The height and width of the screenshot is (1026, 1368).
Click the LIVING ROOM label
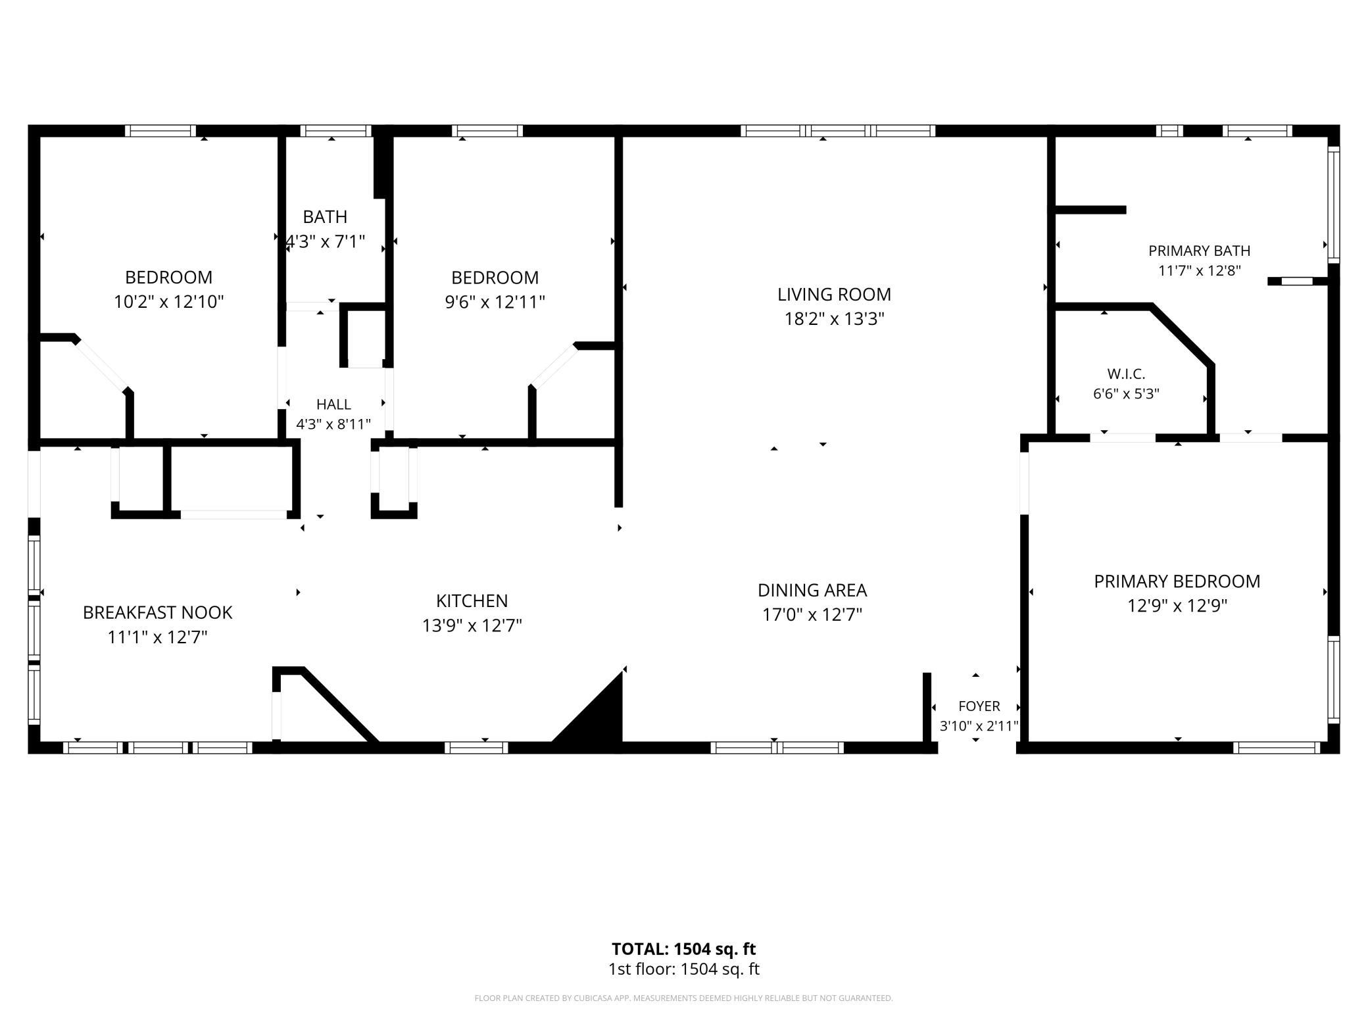(834, 294)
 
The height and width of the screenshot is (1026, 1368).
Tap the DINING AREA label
(812, 590)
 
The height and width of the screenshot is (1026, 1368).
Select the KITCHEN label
(472, 600)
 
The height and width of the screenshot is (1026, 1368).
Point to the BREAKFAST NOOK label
(157, 612)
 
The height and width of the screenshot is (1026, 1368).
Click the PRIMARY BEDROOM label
(1177, 581)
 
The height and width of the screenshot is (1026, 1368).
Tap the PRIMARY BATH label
(1200, 251)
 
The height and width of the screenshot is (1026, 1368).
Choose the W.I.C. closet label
(1126, 374)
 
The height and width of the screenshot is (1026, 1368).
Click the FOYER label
(979, 706)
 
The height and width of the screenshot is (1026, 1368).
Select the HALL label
(333, 404)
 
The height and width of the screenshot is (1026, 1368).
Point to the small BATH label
(325, 216)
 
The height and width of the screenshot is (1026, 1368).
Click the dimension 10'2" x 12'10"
(169, 302)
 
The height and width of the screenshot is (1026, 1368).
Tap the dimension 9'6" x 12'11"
(495, 302)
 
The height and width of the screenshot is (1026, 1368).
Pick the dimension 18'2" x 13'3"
(834, 319)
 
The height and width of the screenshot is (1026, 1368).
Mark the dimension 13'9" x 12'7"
(472, 625)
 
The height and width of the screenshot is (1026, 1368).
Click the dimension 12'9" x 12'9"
(1177, 606)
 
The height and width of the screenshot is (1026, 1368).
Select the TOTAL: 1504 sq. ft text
(684, 949)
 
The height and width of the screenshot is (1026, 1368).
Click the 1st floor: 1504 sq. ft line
(684, 969)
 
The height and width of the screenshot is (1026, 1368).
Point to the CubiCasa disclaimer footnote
(684, 998)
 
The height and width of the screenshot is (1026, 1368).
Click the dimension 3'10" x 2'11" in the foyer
(979, 726)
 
